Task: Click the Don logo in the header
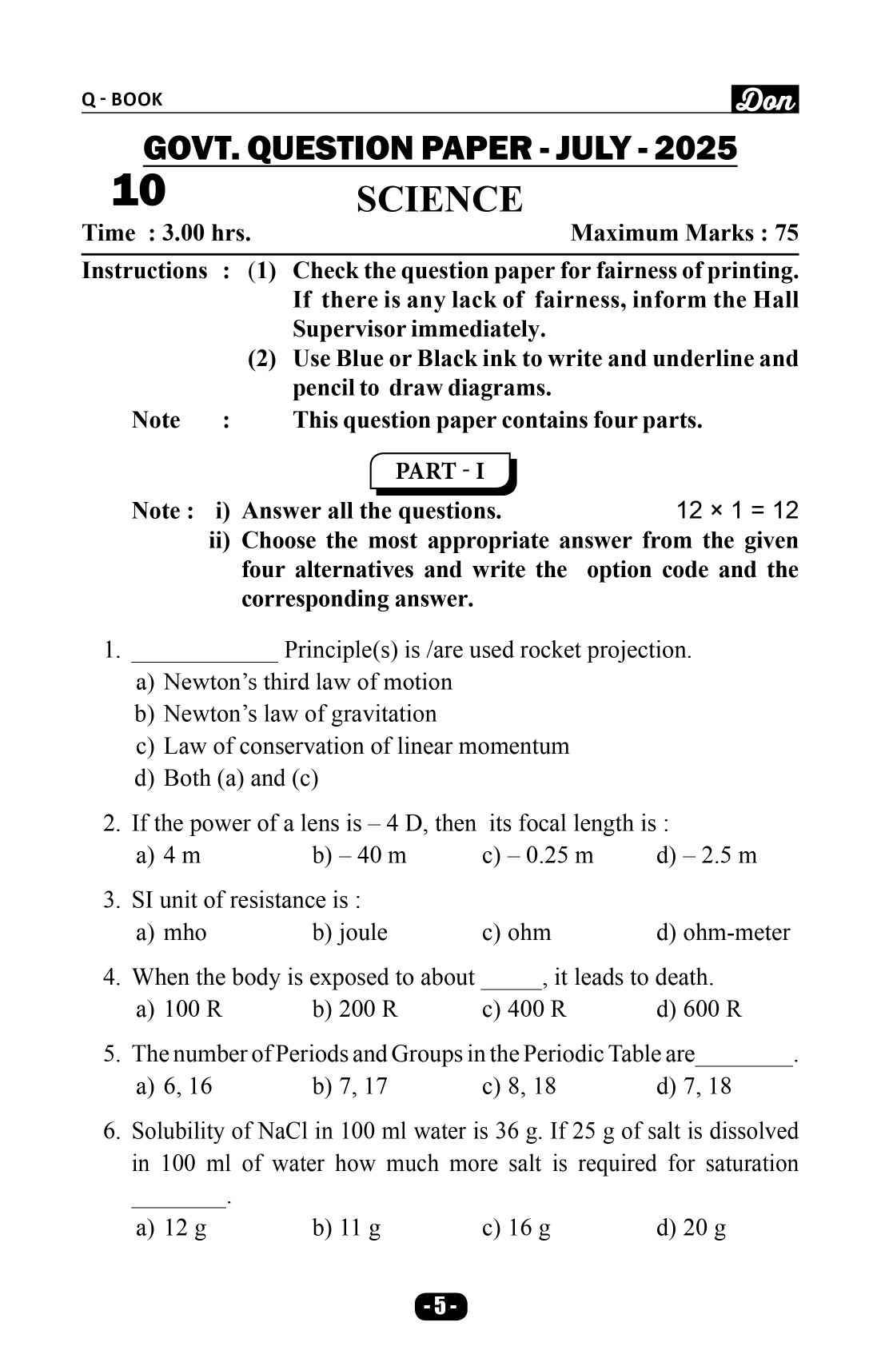tap(764, 99)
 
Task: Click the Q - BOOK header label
tap(122, 99)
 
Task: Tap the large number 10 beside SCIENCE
tap(139, 190)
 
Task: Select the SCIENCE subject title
tap(439, 199)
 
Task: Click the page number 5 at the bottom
tap(440, 1306)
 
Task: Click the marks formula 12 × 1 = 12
tap(736, 510)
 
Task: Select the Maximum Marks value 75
tap(786, 233)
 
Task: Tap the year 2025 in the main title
tap(695, 149)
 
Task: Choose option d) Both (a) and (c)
tap(227, 778)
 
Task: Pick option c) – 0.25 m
tap(538, 855)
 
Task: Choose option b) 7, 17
tap(349, 1085)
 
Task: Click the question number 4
tap(110, 977)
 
